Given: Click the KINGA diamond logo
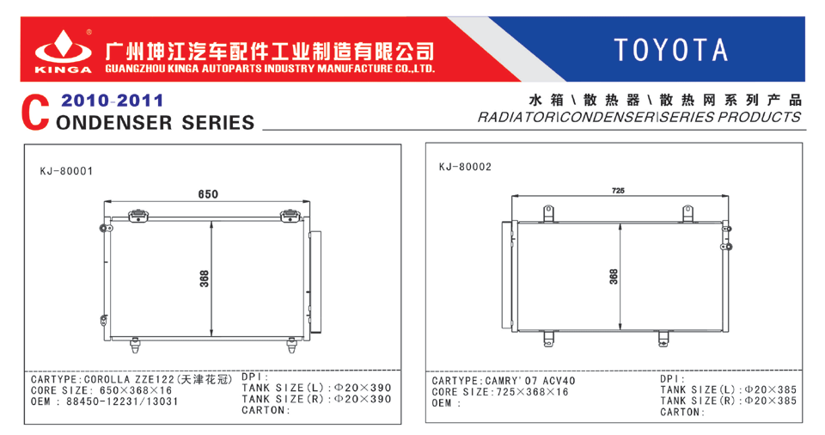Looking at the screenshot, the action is [63, 47].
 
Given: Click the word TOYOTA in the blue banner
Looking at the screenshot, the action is [671, 50].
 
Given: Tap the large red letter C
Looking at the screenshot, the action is [35, 113].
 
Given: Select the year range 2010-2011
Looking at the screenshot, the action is [112, 100].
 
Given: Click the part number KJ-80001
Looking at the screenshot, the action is [66, 171].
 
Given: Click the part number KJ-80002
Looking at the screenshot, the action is [465, 167].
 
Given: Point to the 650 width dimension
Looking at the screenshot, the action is [208, 194].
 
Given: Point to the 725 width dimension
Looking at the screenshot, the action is [618, 191].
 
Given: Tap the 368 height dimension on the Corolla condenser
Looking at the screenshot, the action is [205, 279].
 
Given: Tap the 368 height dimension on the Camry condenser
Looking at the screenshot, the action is [614, 277].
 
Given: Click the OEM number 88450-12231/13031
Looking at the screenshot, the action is [122, 401].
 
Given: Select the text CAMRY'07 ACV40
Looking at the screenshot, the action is [530, 381].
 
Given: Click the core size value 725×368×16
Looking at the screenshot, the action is [533, 392].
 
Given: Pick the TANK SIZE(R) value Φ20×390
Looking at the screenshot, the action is [364, 399].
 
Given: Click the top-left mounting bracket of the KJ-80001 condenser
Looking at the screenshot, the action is [139, 215].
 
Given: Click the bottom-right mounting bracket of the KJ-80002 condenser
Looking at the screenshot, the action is [663, 338].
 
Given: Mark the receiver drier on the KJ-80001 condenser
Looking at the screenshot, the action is [315, 282].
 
